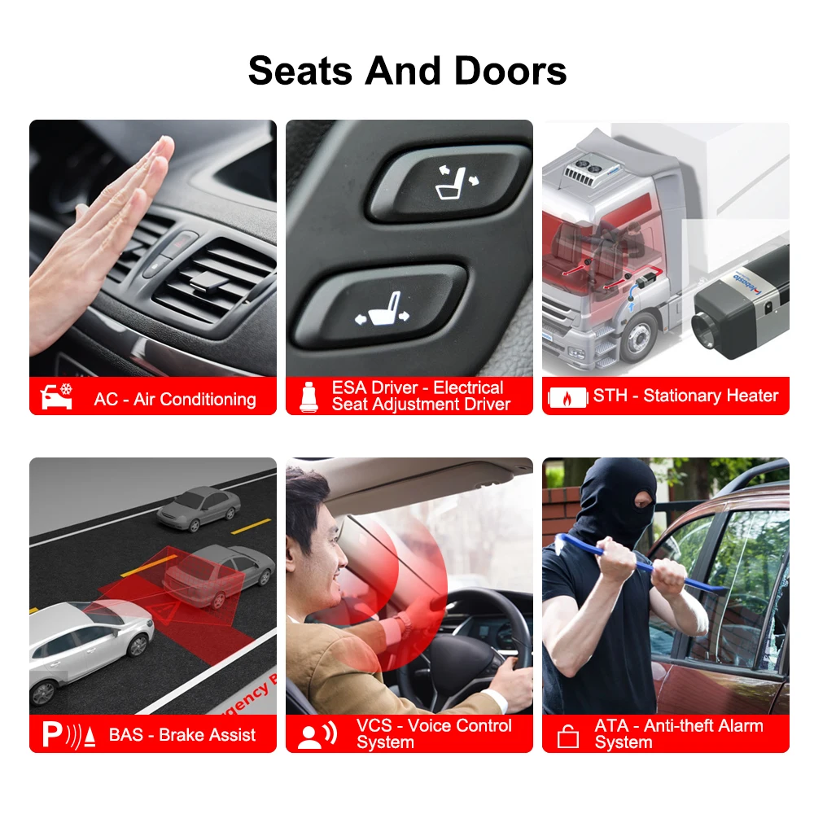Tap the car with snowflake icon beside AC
click(57, 396)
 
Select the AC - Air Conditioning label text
click(175, 399)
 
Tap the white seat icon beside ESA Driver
click(309, 396)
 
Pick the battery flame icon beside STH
click(567, 397)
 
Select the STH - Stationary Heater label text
click(685, 396)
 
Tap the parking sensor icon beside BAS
click(69, 735)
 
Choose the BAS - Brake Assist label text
click(182, 735)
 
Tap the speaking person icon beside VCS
click(317, 735)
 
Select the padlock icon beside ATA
click(567, 736)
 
